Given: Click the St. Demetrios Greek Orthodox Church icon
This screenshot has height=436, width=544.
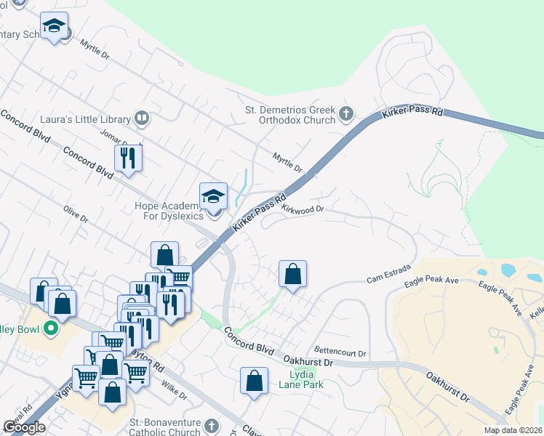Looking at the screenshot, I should tap(346, 113).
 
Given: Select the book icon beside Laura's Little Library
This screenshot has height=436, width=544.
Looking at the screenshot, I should tap(142, 118).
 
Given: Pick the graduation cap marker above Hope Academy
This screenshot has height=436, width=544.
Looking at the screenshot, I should tap(214, 195).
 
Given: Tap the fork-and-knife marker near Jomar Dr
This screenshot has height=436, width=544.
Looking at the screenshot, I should tap(128, 158).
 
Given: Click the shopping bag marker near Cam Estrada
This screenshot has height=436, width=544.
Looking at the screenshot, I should tap(292, 274).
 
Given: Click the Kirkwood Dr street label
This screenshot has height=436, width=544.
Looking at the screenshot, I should tap(302, 209).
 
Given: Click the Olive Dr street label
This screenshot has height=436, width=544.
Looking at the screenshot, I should tap(75, 216).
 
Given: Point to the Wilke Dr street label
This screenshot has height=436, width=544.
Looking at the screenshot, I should tap(174, 391).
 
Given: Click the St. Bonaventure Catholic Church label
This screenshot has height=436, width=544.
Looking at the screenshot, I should tap(164, 427).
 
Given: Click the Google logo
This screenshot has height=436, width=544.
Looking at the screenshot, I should tap(24, 427).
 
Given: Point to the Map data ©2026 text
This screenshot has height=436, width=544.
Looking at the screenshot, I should tap(513, 430).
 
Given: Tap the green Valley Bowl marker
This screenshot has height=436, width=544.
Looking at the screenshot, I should tap(51, 329).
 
